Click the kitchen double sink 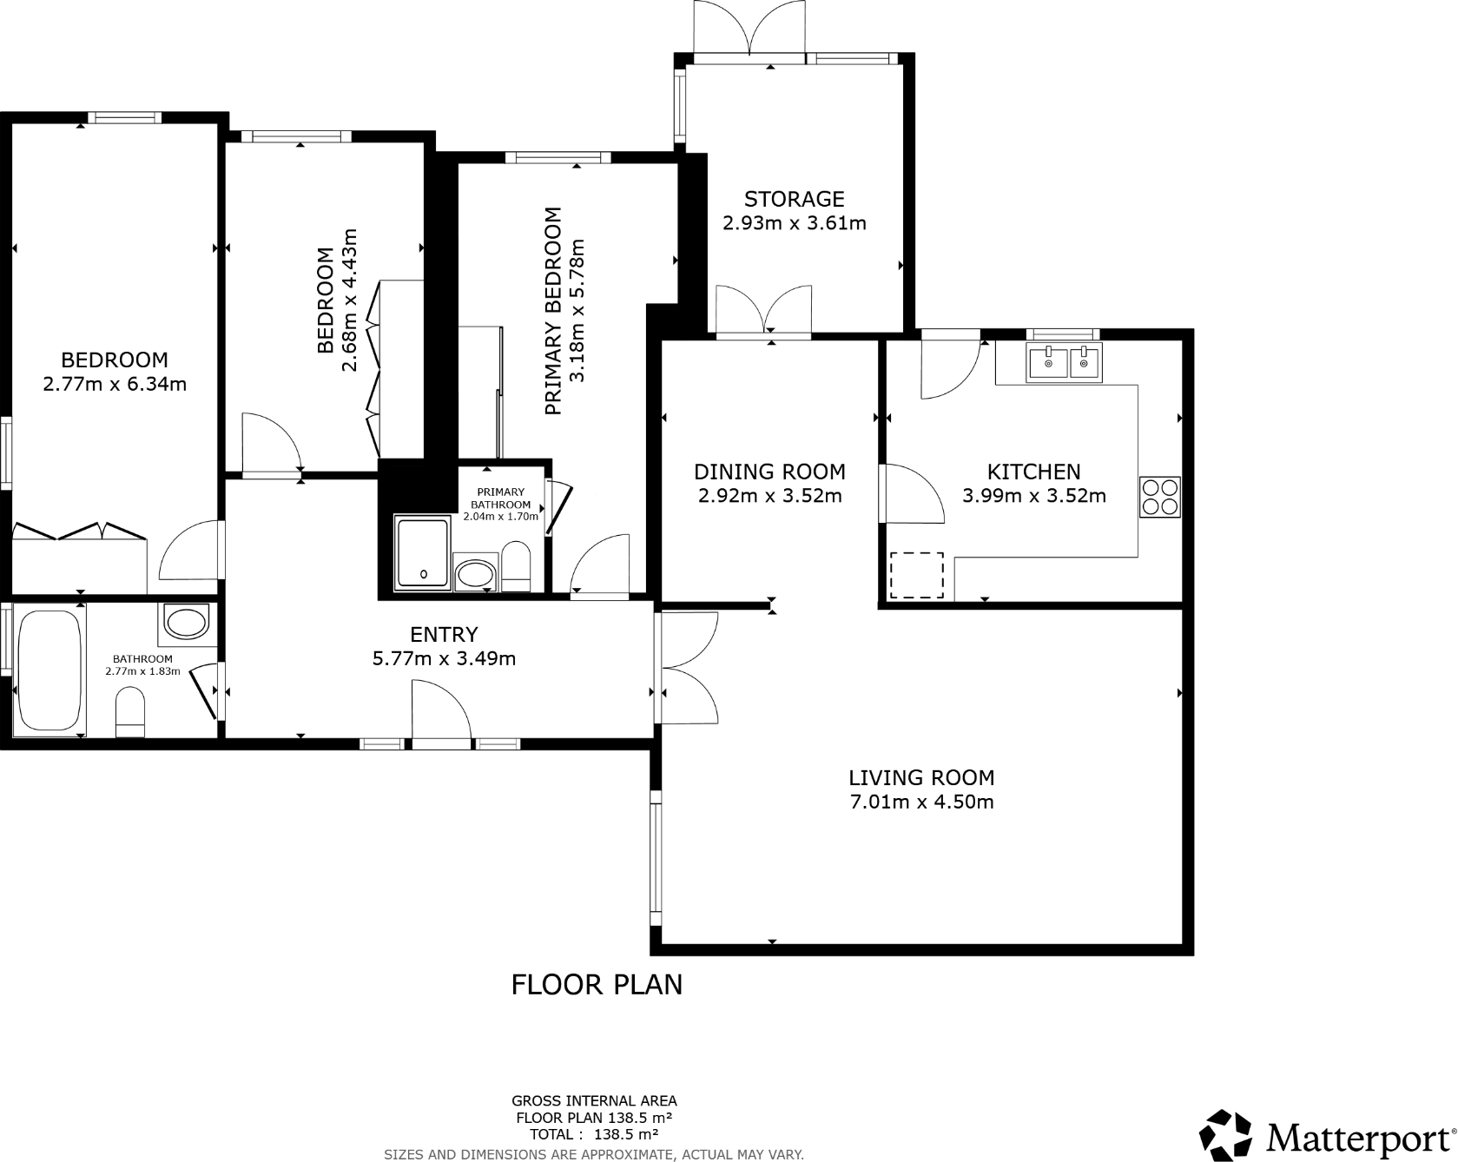(x=1064, y=363)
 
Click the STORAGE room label (x=794, y=200)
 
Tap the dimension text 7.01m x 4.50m (x=921, y=802)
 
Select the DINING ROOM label (x=769, y=472)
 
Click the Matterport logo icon (x=1225, y=1135)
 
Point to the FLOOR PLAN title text (x=597, y=985)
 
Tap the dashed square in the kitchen (x=917, y=575)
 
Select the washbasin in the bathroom (x=187, y=623)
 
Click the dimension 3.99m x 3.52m (x=1033, y=497)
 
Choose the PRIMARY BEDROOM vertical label (x=553, y=311)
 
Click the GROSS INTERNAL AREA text (x=594, y=1100)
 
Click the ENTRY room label (x=444, y=635)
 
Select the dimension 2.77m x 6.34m (x=115, y=384)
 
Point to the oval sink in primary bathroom (x=475, y=574)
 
